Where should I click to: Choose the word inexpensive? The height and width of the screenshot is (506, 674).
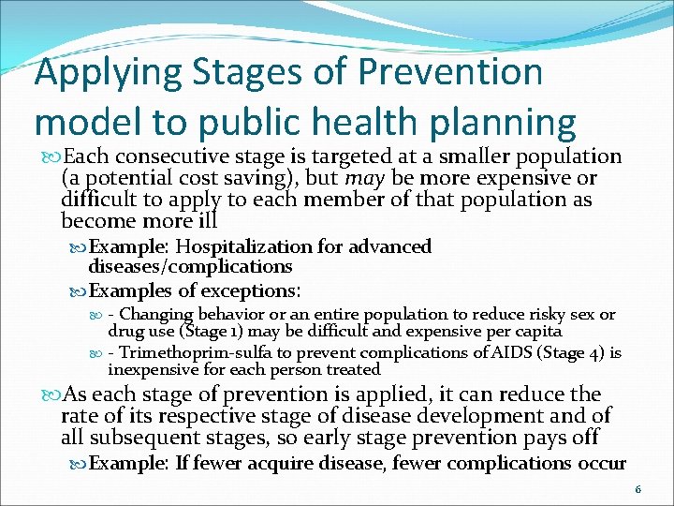pyautogui.click(x=154, y=369)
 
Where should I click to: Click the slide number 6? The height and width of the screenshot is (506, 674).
pyautogui.click(x=637, y=489)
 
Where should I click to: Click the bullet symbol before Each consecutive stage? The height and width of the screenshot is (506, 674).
pyautogui.click(x=47, y=157)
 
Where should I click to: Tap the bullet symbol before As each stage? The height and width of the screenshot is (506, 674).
pyautogui.click(x=47, y=394)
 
